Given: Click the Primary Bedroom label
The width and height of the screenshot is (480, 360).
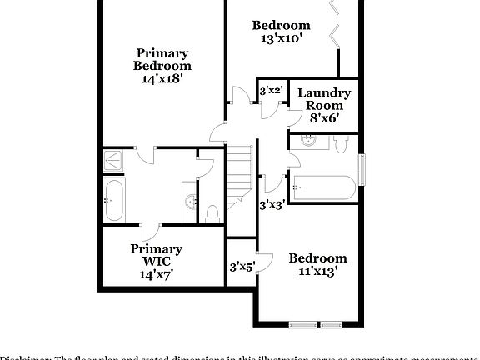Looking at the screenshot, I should [x=162, y=59].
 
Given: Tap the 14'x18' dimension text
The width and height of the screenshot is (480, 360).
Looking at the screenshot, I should [x=162, y=78].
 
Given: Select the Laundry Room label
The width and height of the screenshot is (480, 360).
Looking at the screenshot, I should [x=323, y=99].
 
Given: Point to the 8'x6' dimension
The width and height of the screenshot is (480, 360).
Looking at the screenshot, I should [x=323, y=119].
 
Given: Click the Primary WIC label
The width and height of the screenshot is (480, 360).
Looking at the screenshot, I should [x=156, y=255].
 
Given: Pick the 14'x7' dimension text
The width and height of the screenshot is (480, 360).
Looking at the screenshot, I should [x=156, y=274].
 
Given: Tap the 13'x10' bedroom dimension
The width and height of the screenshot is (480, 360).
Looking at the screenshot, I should [x=282, y=37].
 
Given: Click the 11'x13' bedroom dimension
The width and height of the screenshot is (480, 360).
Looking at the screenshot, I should [x=317, y=271].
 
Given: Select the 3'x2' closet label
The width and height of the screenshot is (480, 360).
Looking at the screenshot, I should [x=271, y=90].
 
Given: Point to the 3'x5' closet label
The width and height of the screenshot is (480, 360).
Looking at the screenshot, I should [x=242, y=267].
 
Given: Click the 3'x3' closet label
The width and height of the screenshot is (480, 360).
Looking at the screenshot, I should [x=272, y=203].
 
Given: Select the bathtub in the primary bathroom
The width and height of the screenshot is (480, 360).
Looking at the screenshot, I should [x=114, y=201].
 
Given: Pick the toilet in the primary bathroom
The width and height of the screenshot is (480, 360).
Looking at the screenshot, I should [x=212, y=213].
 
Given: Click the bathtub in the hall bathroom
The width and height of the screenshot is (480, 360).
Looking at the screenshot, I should [x=325, y=187].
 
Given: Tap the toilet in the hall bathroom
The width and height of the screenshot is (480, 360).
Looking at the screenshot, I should [x=340, y=144].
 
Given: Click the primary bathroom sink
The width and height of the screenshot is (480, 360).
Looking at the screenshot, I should [x=191, y=201].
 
